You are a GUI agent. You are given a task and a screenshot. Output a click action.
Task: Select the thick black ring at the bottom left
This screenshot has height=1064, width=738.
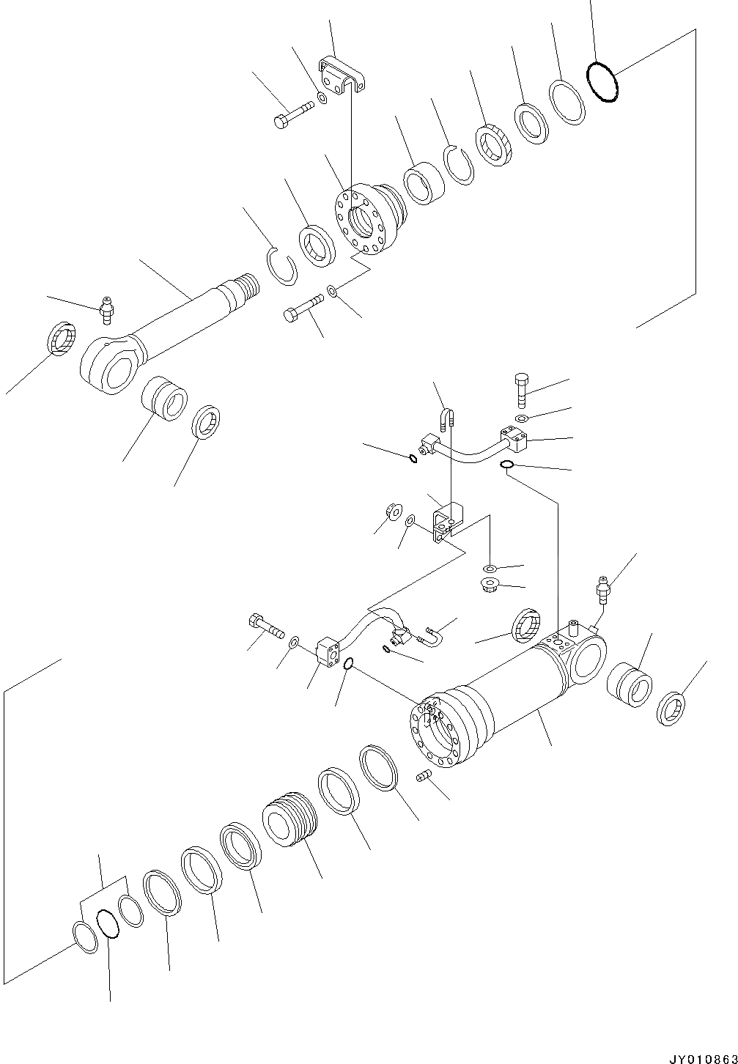[107, 923]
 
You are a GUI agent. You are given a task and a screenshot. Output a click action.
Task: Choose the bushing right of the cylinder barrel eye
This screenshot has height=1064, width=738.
[630, 684]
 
